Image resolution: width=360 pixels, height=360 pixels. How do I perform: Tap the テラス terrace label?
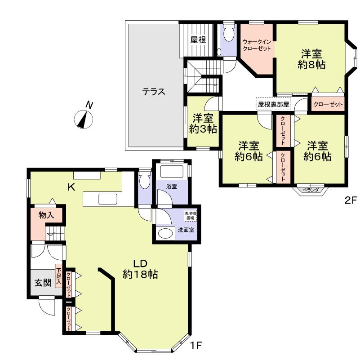tap(154, 92)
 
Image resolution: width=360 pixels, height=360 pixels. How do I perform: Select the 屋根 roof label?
tap(198, 40)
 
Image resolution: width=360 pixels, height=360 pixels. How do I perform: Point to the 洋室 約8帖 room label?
tap(311, 59)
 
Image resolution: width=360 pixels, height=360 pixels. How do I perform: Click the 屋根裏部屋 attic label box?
tap(274, 103)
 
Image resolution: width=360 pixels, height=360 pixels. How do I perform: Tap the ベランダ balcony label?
tap(310, 190)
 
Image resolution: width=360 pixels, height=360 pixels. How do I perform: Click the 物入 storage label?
tap(46, 215)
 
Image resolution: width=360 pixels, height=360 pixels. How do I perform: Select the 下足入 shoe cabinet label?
tap(58, 277)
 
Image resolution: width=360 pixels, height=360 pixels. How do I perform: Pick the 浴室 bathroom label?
tap(171, 186)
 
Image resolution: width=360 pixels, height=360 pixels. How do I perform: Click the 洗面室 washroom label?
tap(185, 230)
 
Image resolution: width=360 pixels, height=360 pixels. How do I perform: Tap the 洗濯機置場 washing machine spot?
tap(190, 216)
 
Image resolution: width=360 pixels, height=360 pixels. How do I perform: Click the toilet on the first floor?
tap(145, 181)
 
